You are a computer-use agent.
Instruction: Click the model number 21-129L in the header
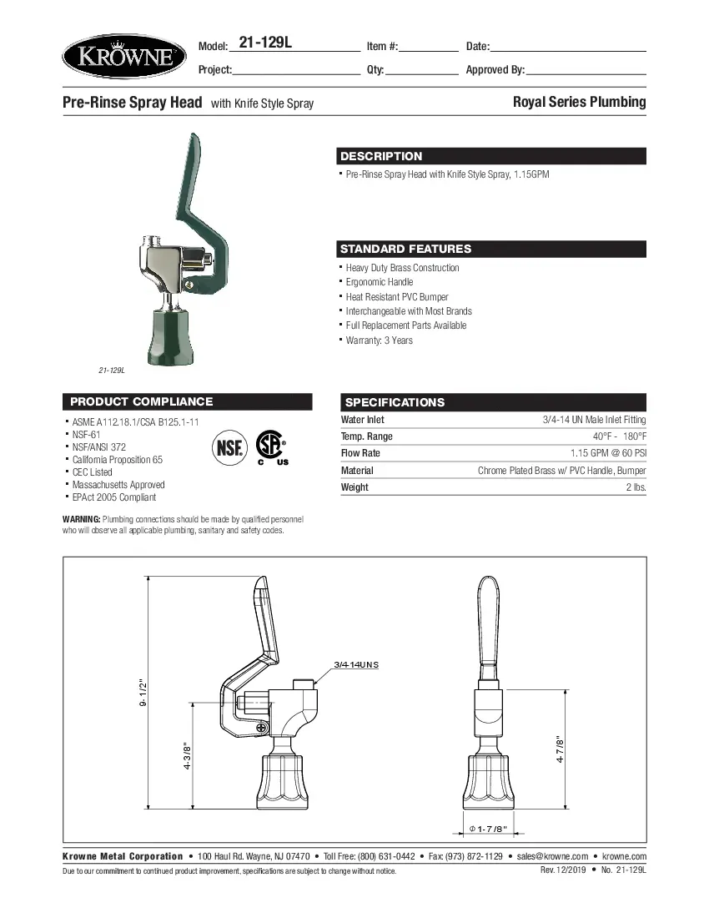(264, 43)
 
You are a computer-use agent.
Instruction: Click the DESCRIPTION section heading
(381, 156)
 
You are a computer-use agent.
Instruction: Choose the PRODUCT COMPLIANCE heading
(141, 401)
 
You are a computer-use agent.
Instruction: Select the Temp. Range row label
(366, 436)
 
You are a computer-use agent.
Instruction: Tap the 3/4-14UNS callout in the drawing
(356, 664)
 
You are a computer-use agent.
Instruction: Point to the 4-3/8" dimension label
(189, 756)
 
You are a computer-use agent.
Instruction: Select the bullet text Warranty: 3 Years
(379, 340)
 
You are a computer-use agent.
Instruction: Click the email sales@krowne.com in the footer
(552, 856)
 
